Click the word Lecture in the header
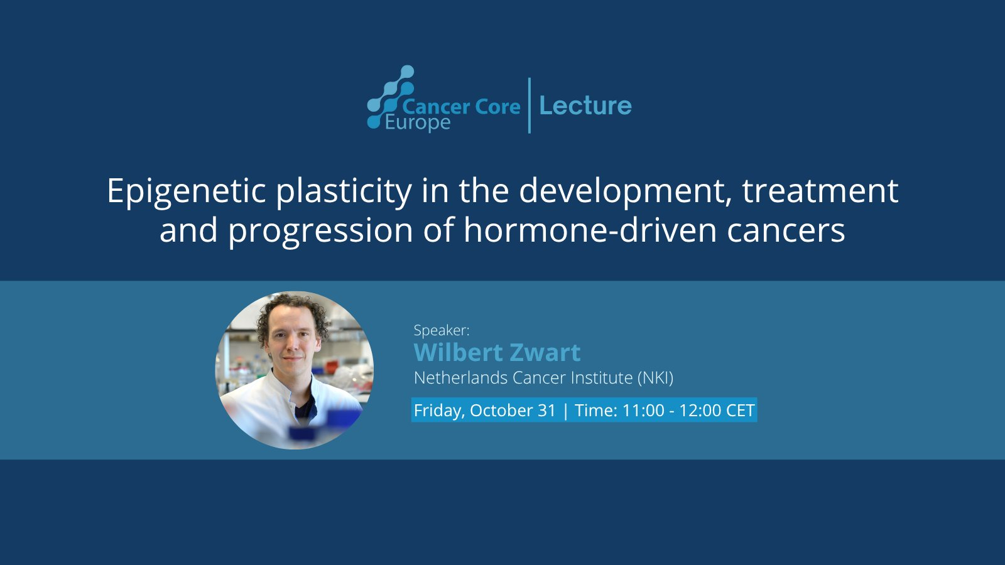pyautogui.click(x=585, y=106)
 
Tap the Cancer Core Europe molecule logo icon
pyautogui.click(x=389, y=97)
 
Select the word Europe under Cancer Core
pyautogui.click(x=418, y=123)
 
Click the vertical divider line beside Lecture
pyautogui.click(x=530, y=105)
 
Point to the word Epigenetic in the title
pyautogui.click(x=186, y=192)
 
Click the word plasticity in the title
pyautogui.click(x=344, y=192)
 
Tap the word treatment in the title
pyautogui.click(x=820, y=191)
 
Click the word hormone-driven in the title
pyautogui.click(x=590, y=230)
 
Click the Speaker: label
pyautogui.click(x=442, y=330)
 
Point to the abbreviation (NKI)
pyautogui.click(x=656, y=378)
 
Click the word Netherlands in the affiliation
pyautogui.click(x=461, y=378)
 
